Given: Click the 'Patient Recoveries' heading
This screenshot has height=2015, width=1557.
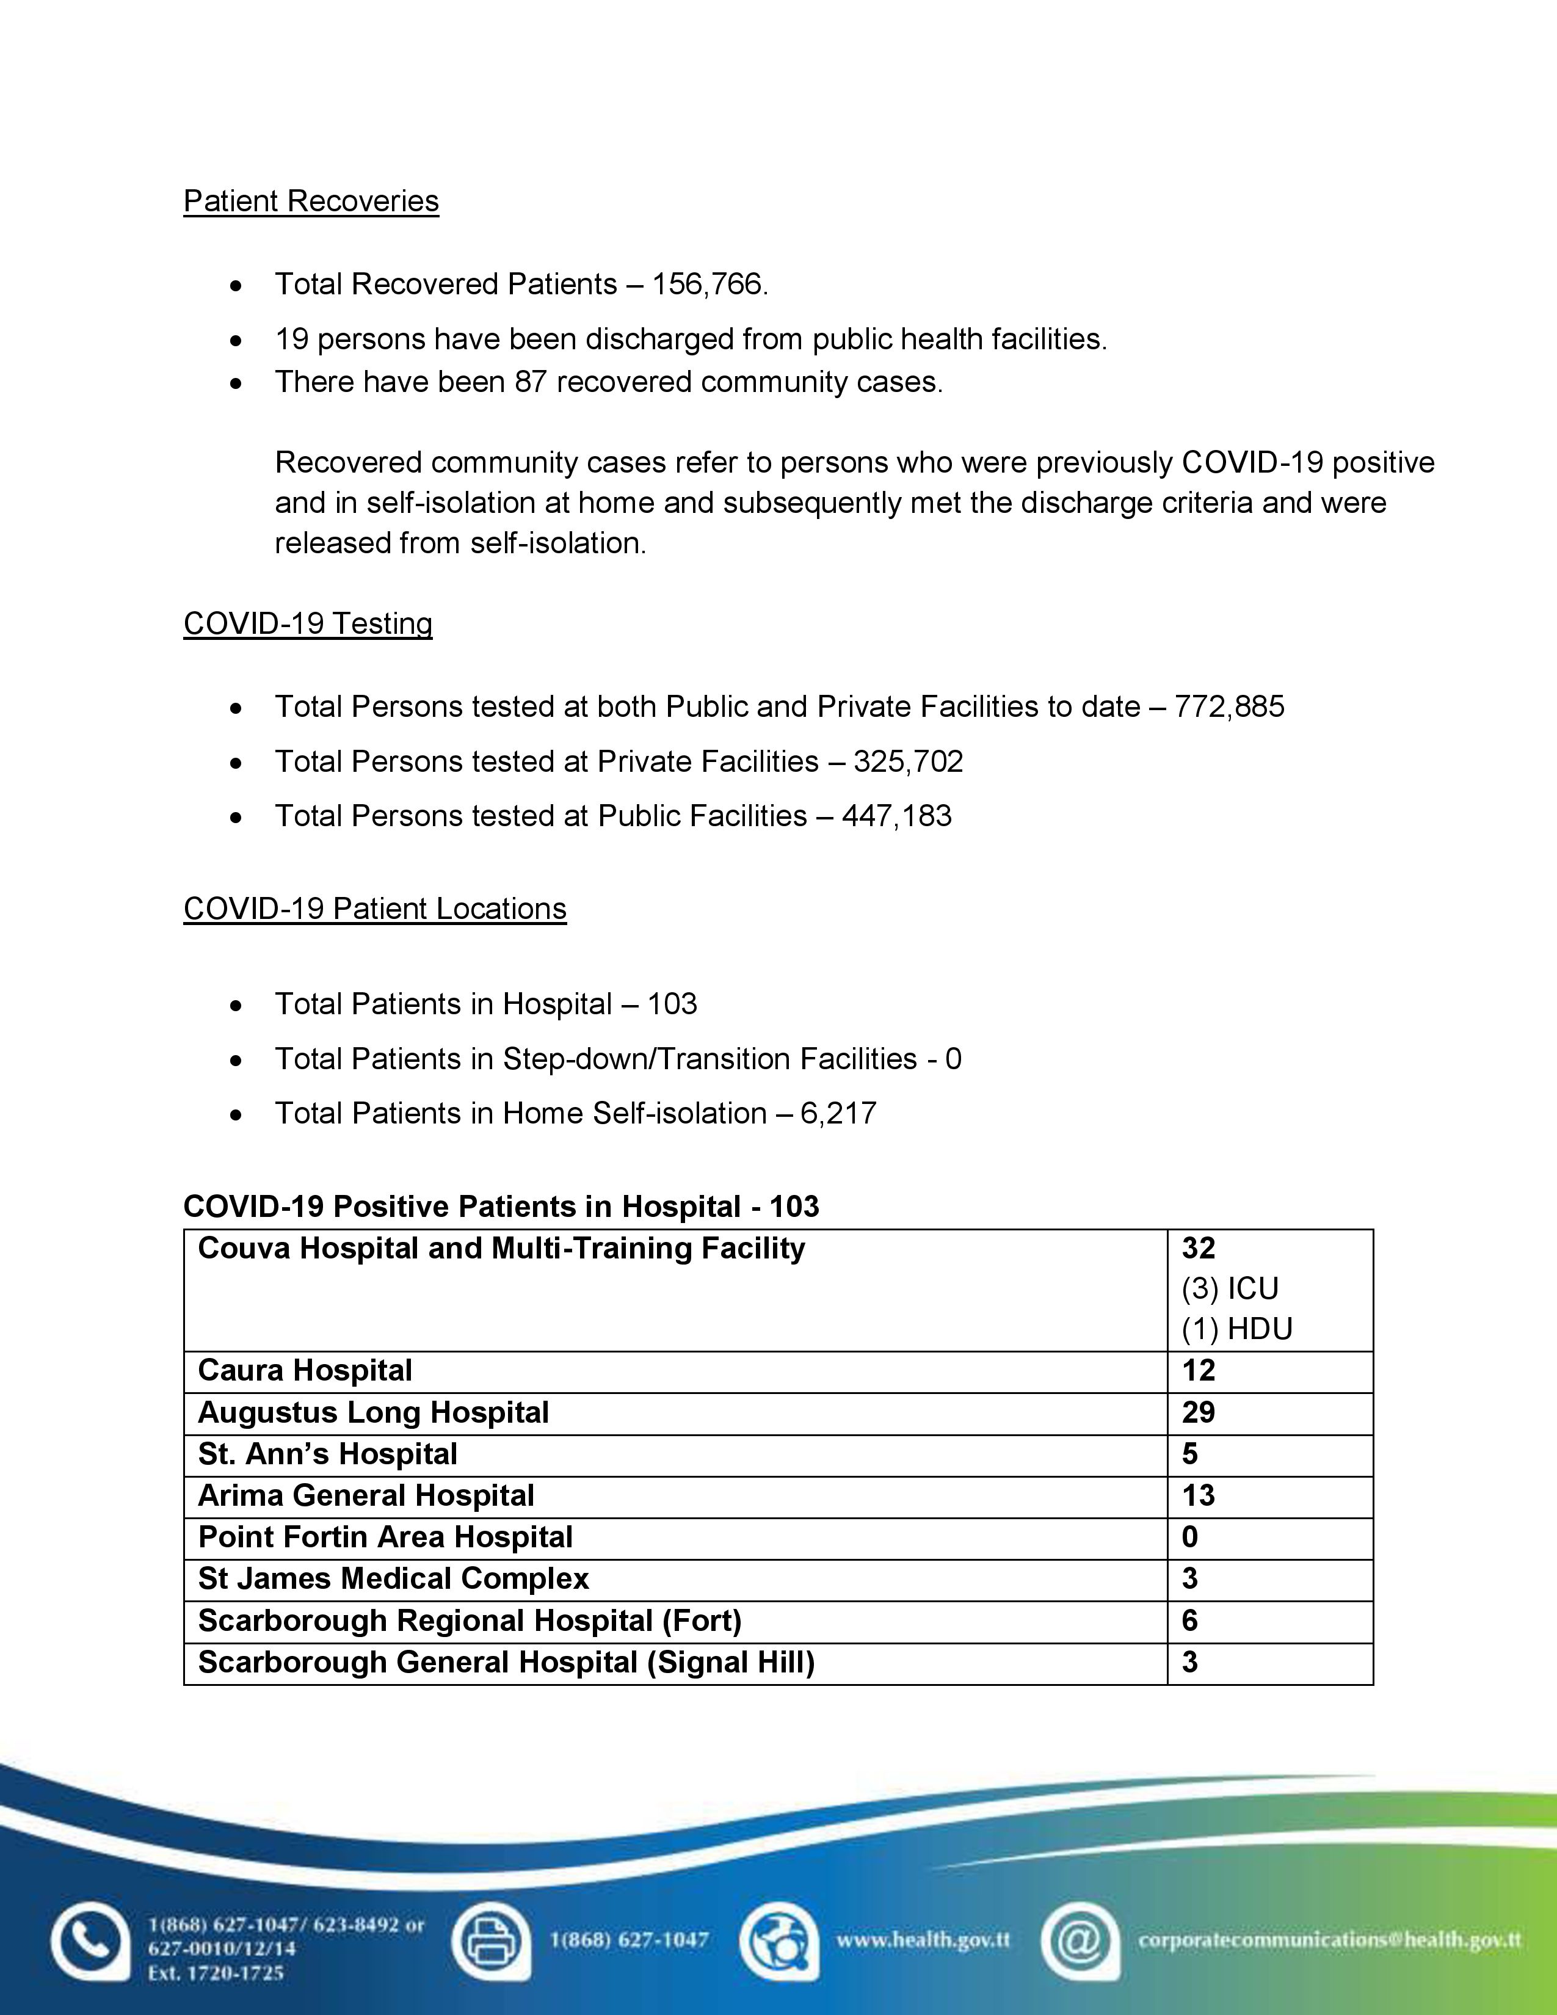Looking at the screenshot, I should tap(311, 201).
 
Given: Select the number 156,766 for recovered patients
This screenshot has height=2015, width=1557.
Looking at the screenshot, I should tap(708, 284).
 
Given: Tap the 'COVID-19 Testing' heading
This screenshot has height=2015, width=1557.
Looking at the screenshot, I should tap(307, 623).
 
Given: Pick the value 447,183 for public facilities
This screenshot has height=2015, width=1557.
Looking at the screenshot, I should tap(896, 816).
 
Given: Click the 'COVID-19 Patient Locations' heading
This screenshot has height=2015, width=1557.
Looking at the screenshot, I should tap(374, 909).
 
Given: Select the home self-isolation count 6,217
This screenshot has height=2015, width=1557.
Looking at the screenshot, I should tap(838, 1114).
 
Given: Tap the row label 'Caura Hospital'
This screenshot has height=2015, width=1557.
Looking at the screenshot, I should tap(305, 1371).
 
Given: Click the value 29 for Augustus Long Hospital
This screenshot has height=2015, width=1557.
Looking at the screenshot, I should tap(1198, 1412).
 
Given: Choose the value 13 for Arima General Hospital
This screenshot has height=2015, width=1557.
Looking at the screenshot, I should tap(1198, 1495).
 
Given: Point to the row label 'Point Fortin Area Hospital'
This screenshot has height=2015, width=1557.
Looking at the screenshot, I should tap(385, 1537).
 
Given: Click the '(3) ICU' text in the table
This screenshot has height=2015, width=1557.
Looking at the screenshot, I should tap(1230, 1289).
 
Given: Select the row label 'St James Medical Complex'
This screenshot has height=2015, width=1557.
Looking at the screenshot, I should tap(393, 1578).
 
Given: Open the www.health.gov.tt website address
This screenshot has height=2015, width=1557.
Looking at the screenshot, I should tap(923, 1941).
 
